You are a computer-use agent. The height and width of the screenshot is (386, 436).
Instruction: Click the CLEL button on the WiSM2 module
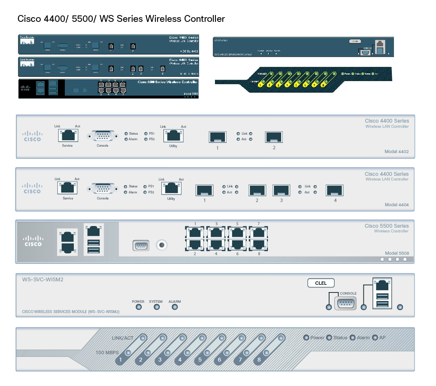(321, 283)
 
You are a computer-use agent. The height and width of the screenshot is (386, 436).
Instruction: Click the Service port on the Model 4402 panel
(67, 136)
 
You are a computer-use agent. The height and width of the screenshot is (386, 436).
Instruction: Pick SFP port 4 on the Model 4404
(335, 190)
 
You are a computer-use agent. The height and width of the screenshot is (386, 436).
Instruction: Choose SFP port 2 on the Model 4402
(274, 137)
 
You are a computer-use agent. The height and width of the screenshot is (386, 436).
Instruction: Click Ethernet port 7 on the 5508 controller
(258, 232)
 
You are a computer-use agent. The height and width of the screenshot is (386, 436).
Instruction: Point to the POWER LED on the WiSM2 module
(138, 307)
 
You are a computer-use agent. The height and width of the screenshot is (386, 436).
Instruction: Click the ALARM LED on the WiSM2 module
(175, 307)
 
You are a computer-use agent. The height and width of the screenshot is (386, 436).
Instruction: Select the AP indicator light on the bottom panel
(375, 338)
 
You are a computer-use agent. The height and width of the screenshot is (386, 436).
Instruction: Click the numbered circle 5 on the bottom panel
(200, 360)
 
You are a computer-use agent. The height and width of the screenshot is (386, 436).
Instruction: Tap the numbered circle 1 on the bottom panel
(121, 360)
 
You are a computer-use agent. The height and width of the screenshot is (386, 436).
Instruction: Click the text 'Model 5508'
(397, 253)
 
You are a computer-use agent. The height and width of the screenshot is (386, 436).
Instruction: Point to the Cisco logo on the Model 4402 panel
(32, 136)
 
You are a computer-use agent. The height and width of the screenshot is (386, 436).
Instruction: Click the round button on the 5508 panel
(162, 245)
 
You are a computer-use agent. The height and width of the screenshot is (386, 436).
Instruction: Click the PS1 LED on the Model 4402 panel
(146, 133)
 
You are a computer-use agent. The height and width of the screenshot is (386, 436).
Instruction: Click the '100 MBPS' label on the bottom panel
(107, 353)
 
